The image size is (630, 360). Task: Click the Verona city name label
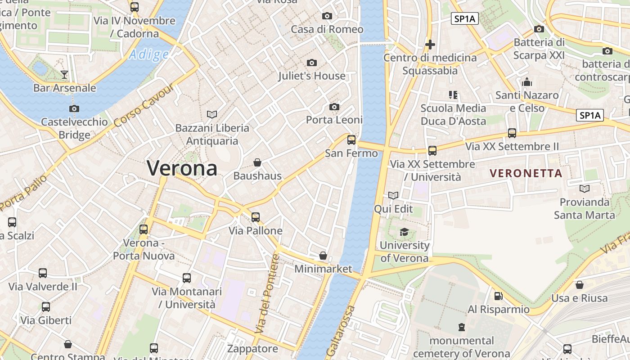[182, 169]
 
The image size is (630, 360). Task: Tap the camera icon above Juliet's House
[311, 63]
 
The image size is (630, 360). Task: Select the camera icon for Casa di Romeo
[327, 16]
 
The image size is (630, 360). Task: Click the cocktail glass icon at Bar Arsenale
[64, 74]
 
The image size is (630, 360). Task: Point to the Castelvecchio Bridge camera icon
[74, 108]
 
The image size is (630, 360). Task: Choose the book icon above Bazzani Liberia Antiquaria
[211, 114]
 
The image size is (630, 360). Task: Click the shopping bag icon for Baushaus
[257, 162]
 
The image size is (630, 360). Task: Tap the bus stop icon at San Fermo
[351, 140]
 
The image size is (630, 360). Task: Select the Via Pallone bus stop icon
[256, 217]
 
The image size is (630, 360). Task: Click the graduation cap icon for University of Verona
[404, 232]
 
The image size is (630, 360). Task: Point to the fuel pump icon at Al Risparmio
[498, 296]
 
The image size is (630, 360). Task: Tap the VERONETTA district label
[526, 173]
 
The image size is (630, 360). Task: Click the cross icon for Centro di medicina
[430, 45]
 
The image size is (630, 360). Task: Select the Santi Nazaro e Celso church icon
[526, 82]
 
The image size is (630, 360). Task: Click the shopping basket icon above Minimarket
[323, 256]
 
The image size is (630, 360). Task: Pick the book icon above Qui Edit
[393, 195]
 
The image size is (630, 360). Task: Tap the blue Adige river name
[148, 55]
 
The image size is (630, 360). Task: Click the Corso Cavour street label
[144, 105]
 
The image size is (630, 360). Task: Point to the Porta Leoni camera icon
[334, 107]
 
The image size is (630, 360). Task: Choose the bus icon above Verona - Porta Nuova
[144, 229]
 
